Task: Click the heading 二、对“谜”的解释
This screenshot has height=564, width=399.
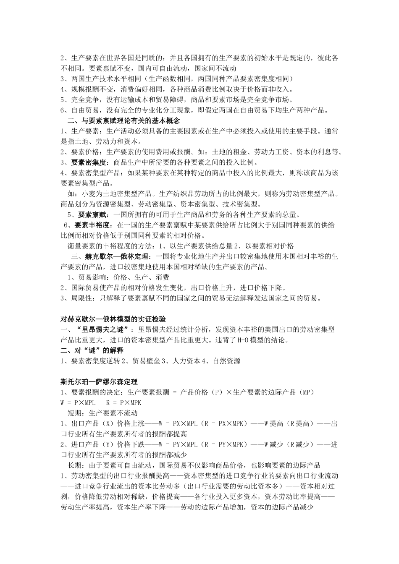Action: pos(92,350)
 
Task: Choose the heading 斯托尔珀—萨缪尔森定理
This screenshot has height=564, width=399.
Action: pos(99,381)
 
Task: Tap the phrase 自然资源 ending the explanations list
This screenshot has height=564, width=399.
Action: pos(227,361)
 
